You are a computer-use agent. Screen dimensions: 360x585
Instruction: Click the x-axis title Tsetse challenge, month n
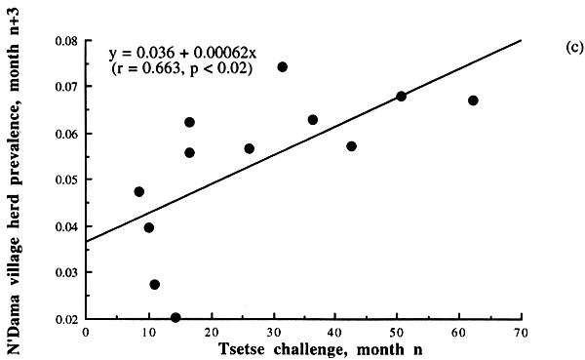(304, 348)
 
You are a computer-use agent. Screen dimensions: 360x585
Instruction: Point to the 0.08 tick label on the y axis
(65, 41)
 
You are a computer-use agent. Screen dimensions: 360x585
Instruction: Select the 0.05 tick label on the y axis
(65, 180)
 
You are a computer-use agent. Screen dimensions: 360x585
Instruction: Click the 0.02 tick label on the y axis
(65, 318)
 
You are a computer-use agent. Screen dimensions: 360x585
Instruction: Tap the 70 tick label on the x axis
(522, 332)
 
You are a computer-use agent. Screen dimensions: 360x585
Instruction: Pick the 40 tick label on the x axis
(334, 332)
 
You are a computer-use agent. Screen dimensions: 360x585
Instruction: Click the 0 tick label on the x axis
(86, 332)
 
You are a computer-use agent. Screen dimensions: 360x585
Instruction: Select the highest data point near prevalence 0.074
(282, 67)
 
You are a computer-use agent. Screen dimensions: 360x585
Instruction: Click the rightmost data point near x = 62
(473, 100)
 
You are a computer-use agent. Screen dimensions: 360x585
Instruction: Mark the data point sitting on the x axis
(175, 317)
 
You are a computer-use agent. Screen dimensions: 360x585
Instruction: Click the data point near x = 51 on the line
(401, 96)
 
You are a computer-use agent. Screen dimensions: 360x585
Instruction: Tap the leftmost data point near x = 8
(138, 191)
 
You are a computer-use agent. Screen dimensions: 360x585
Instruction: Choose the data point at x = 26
(249, 148)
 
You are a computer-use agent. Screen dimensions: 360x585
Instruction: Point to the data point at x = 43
(351, 146)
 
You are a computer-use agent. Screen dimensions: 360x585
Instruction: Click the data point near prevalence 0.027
(154, 284)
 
